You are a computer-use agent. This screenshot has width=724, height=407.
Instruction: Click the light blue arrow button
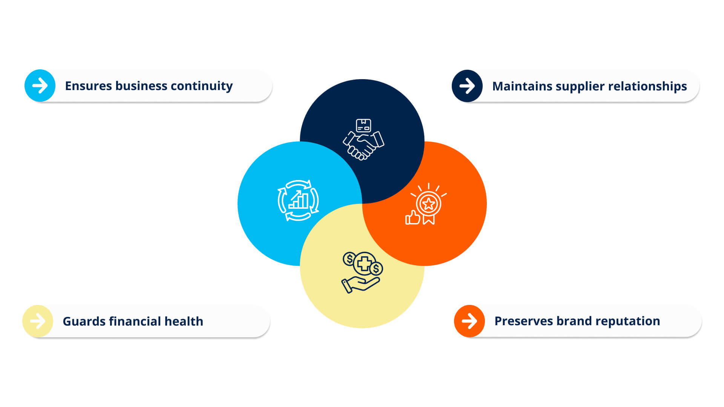point(40,86)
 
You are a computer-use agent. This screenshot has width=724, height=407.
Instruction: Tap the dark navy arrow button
point(467,86)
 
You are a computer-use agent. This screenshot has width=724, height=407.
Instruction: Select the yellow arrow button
point(38,321)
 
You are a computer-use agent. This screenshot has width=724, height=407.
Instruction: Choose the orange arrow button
point(469,321)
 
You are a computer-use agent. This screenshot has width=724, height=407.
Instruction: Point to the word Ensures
point(88,86)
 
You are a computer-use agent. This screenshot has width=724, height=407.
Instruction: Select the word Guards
point(84,321)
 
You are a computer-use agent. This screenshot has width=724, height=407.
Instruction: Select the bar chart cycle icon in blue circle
point(298,200)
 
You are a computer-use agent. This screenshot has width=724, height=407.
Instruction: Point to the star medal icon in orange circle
point(428,205)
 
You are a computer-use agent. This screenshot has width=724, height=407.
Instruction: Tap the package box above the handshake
point(364,125)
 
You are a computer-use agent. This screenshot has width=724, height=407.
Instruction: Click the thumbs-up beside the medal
point(413,218)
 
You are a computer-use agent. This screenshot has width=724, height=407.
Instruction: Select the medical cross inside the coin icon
point(364,263)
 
